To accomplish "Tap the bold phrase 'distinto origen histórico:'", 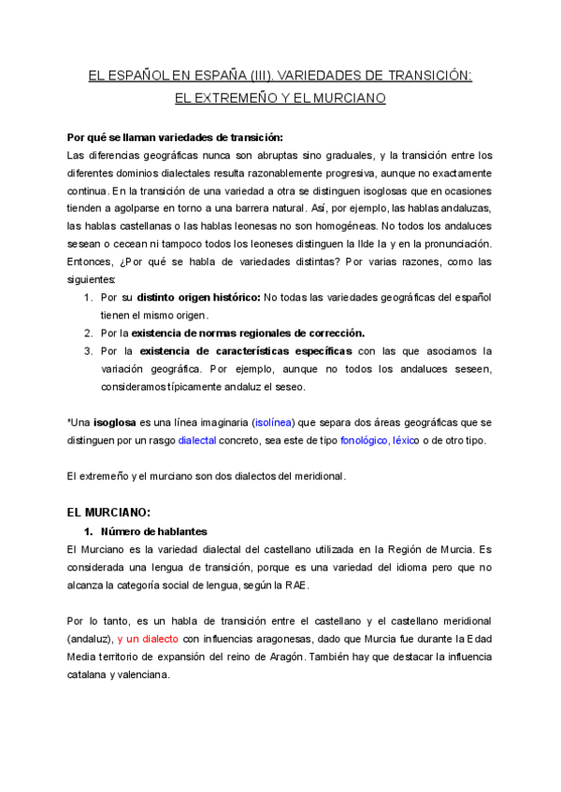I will (x=198, y=297).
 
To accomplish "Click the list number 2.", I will (x=87, y=332).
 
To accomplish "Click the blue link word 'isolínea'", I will (x=278, y=422).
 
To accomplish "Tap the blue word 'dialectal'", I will (x=196, y=440).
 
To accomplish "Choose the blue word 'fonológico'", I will (x=365, y=440).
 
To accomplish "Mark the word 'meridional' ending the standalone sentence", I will (x=316, y=475).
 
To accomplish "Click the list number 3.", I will (x=87, y=350).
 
